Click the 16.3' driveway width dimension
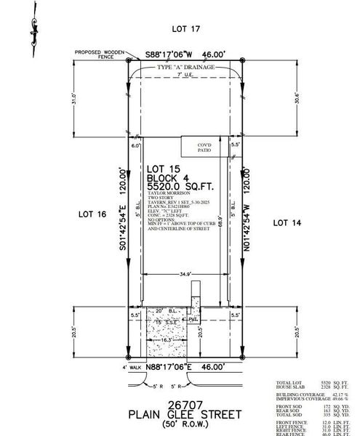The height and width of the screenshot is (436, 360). [x=167, y=339]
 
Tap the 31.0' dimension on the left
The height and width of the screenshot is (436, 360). [x=114, y=96]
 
